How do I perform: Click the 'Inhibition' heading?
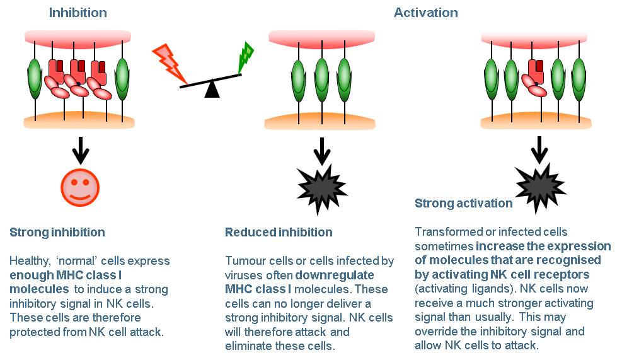78,13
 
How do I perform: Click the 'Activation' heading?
425,13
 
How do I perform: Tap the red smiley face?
80,187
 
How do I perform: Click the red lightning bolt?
170,62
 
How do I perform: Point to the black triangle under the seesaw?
212,89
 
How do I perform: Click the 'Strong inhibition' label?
57,232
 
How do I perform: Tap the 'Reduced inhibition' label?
279,232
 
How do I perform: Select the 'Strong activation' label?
463,203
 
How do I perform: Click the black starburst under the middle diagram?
321,189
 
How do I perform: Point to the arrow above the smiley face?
81,151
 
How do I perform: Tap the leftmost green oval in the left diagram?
35,78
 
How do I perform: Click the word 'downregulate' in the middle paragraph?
335,275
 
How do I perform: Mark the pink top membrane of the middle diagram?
321,39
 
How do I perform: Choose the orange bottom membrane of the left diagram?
79,120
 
